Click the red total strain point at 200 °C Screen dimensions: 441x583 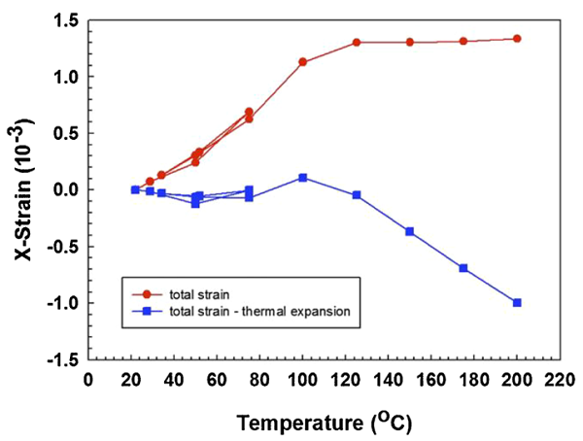tap(517, 39)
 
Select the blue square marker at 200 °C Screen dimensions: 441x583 tap(517, 303)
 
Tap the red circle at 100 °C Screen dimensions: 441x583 tap(303, 62)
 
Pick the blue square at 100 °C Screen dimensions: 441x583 tap(303, 178)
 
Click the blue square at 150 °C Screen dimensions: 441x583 tap(410, 231)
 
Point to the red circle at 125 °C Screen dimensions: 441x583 tap(357, 43)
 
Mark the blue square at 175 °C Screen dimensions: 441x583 tap(463, 268)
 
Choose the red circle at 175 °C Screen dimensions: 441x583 tap(463, 41)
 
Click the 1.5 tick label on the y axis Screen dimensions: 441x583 tap(65, 19)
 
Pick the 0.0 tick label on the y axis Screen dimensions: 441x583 tap(65, 189)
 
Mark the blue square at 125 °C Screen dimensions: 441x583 tap(357, 195)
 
